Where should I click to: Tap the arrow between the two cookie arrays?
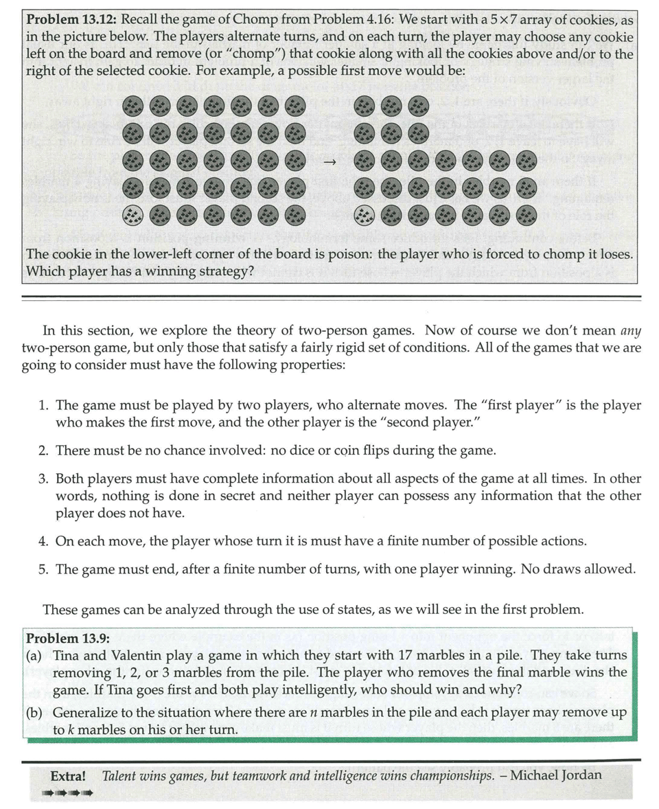coord(329,163)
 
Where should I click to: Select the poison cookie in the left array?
coord(133,216)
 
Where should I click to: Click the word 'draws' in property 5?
coord(556,569)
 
